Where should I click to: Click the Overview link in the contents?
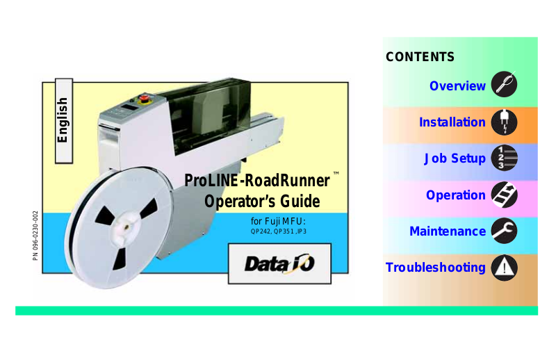[x=457, y=86]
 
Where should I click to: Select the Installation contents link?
[x=452, y=122]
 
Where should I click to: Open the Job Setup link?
[x=455, y=158]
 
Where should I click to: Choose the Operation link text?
[x=456, y=195]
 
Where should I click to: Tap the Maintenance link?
[x=448, y=231]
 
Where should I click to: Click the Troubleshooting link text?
[x=436, y=268]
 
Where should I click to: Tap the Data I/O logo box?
[x=279, y=263]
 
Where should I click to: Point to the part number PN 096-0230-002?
[x=35, y=236]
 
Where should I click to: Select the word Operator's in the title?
[x=233, y=202]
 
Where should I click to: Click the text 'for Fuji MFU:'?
[x=278, y=222]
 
